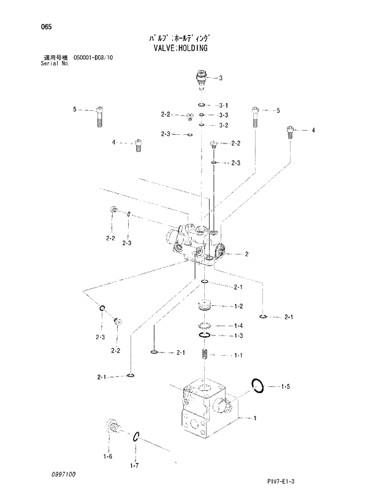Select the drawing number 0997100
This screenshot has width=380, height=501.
(56, 474)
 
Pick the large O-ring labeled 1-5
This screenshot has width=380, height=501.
(258, 386)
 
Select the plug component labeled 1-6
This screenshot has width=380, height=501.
(112, 427)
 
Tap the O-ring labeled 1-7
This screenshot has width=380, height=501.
(137, 437)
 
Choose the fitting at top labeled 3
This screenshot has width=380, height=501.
(202, 79)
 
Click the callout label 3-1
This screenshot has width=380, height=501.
(223, 105)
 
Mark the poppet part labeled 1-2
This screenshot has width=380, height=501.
(205, 306)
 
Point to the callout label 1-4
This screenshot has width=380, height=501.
(238, 326)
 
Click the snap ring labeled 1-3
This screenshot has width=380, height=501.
(205, 336)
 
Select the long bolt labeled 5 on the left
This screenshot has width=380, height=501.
(99, 115)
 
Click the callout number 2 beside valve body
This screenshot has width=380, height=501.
(246, 254)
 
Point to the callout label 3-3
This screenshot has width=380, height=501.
(223, 115)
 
